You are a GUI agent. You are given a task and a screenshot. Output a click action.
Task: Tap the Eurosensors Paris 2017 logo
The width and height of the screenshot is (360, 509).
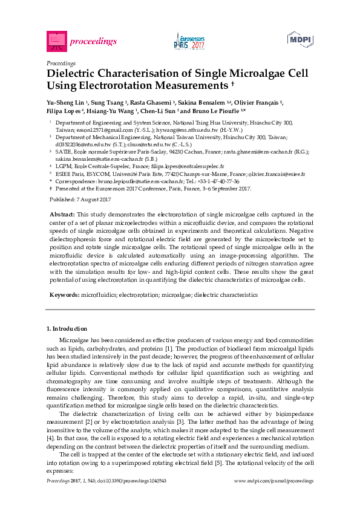coord(189,41)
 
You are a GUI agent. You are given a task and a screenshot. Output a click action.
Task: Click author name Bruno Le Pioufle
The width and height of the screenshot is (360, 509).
coord(217,111)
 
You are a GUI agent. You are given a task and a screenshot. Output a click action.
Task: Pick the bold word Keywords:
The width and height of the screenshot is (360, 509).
coord(64,294)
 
